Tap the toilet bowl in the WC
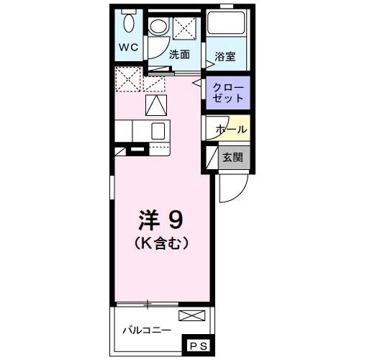pos(129,24)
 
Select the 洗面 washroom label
pos(178,54)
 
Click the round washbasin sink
pos(158,27)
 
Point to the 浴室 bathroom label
pos(225,56)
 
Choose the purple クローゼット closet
pos(228,91)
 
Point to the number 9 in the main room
pos(175,217)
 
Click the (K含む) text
pos(161,243)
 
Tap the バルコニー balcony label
pos(147,331)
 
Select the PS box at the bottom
pos(198,347)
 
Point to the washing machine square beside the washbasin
pos(185,27)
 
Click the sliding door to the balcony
pos(148,305)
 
